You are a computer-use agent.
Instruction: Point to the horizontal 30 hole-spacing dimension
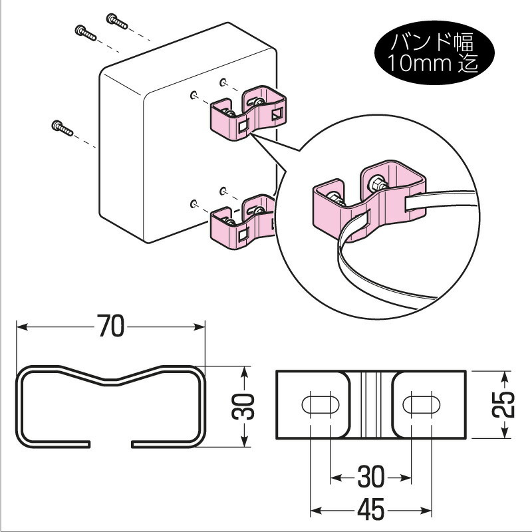click(x=370, y=477)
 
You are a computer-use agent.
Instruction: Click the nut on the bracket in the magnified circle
click(x=376, y=182)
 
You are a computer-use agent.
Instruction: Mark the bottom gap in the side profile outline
click(x=111, y=443)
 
